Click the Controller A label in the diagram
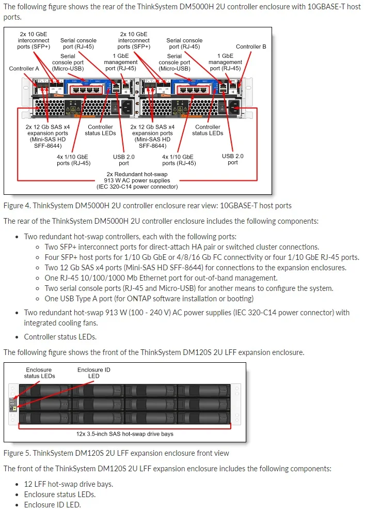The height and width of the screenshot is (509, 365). click(x=24, y=68)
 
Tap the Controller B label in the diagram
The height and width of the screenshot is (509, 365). click(x=251, y=47)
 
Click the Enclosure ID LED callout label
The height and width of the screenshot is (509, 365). click(x=93, y=373)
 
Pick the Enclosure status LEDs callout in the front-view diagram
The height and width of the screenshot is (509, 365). click(x=39, y=373)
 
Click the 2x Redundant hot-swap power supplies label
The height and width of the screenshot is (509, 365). click(x=137, y=180)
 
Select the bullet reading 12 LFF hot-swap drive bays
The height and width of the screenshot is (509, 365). click(x=68, y=484)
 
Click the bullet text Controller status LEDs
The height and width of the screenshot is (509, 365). click(x=60, y=337)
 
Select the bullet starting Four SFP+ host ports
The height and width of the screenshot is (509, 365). click(x=201, y=257)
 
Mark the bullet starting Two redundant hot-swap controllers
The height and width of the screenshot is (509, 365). click(x=131, y=237)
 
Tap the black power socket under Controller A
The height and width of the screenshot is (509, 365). click(x=125, y=107)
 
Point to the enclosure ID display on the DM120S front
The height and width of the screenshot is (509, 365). click(x=13, y=408)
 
